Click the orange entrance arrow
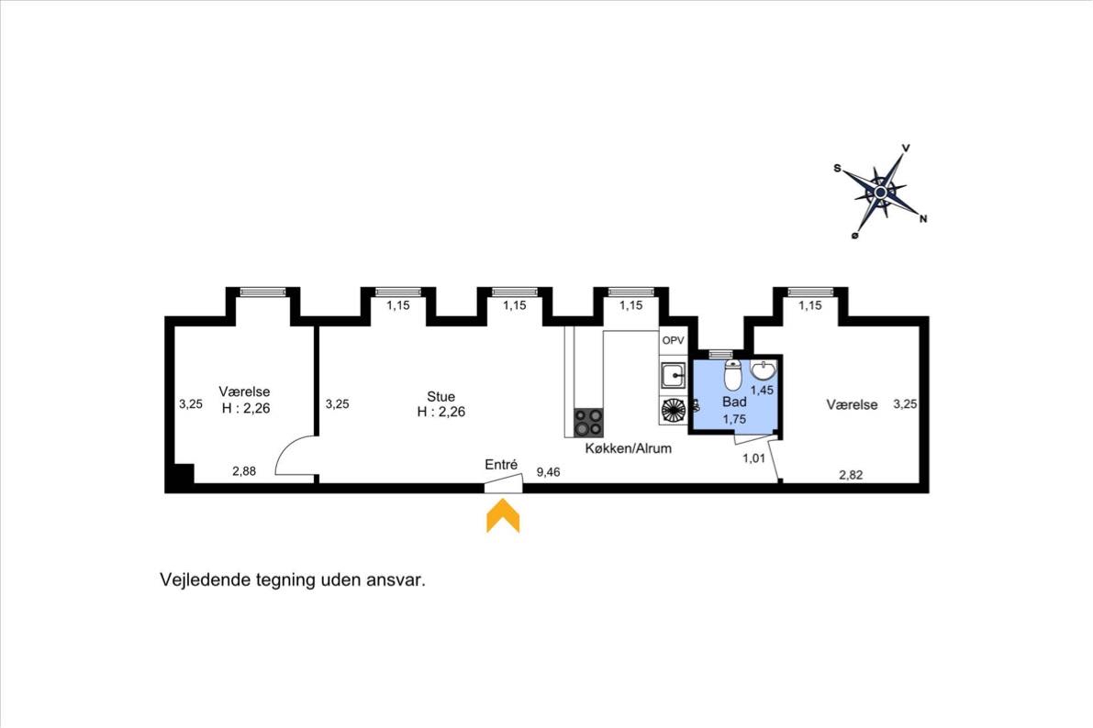click(503, 516)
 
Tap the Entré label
click(501, 465)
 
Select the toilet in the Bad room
click(732, 375)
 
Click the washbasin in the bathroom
click(764, 370)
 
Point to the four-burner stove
click(588, 422)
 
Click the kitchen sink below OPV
click(674, 376)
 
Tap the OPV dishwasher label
click(673, 341)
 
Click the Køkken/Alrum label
click(628, 448)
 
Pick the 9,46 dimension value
click(548, 472)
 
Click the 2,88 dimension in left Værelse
click(244, 471)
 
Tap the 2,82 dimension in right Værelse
click(851, 475)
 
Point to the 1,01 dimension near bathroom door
click(753, 458)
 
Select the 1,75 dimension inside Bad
click(735, 419)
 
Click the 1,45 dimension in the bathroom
click(762, 391)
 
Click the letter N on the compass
click(923, 219)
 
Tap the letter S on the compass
click(837, 168)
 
